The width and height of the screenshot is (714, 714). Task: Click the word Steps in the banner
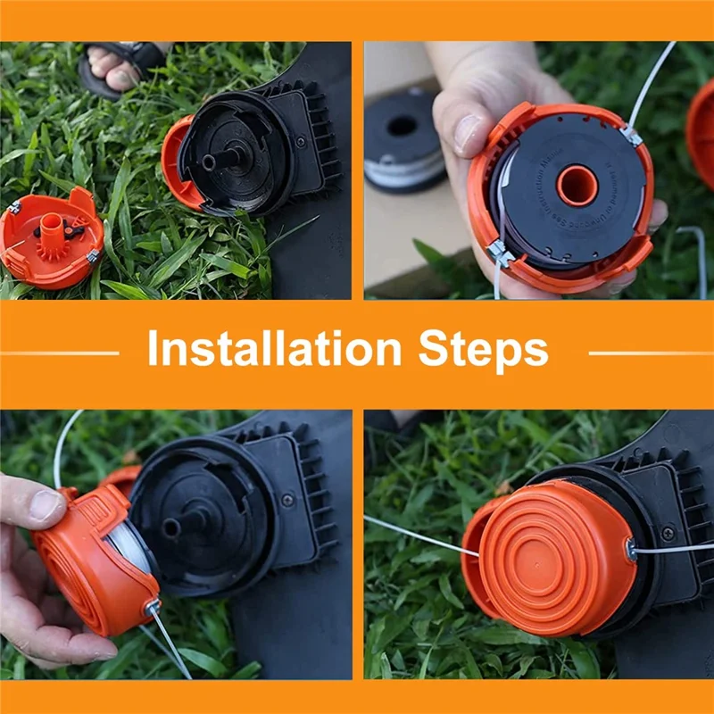[x=486, y=349]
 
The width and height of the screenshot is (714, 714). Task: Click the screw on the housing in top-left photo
[x=300, y=141]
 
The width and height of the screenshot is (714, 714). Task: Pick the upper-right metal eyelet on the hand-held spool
[x=632, y=136]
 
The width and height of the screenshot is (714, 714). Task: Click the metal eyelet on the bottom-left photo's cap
[x=154, y=606]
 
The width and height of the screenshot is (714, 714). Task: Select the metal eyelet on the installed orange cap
[x=632, y=548]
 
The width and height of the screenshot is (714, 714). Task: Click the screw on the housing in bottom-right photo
[x=668, y=533]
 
